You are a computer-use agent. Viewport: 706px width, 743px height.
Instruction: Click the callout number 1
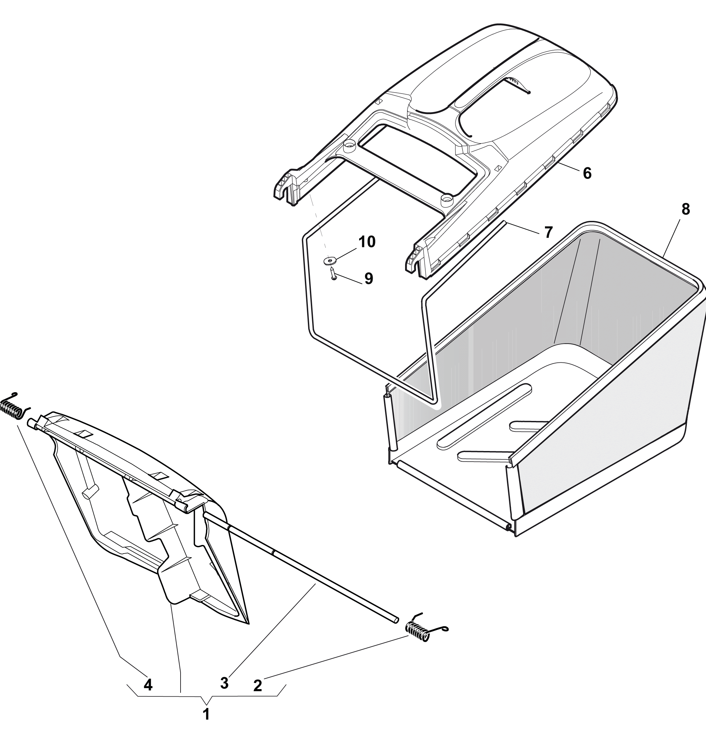pyautogui.click(x=206, y=714)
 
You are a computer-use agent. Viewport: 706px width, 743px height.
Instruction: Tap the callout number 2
pyautogui.click(x=257, y=686)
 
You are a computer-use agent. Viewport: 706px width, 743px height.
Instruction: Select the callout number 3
pyautogui.click(x=224, y=683)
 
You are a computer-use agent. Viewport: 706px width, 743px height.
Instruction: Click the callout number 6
pyautogui.click(x=587, y=173)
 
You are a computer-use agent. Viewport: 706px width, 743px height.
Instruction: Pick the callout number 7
pyautogui.click(x=549, y=232)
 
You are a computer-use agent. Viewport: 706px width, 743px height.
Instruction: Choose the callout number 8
pyautogui.click(x=686, y=209)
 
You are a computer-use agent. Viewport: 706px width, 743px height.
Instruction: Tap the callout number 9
pyautogui.click(x=368, y=278)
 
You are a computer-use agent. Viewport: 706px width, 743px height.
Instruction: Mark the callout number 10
pyautogui.click(x=367, y=242)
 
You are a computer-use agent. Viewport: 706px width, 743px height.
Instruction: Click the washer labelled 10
pyautogui.click(x=330, y=261)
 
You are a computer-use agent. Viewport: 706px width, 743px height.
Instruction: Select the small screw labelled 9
pyautogui.click(x=333, y=274)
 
